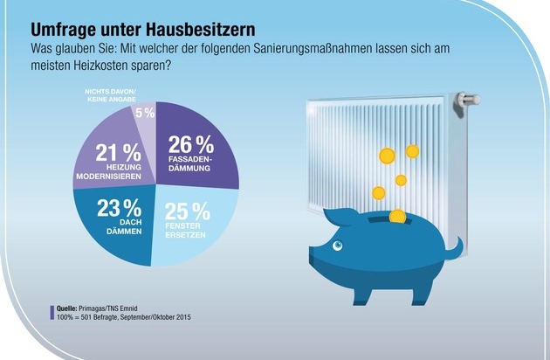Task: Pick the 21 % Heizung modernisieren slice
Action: [x=109, y=153]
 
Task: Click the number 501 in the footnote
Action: [x=92, y=317]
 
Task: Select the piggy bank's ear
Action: [x=339, y=215]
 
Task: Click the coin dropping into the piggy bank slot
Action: [x=396, y=215]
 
